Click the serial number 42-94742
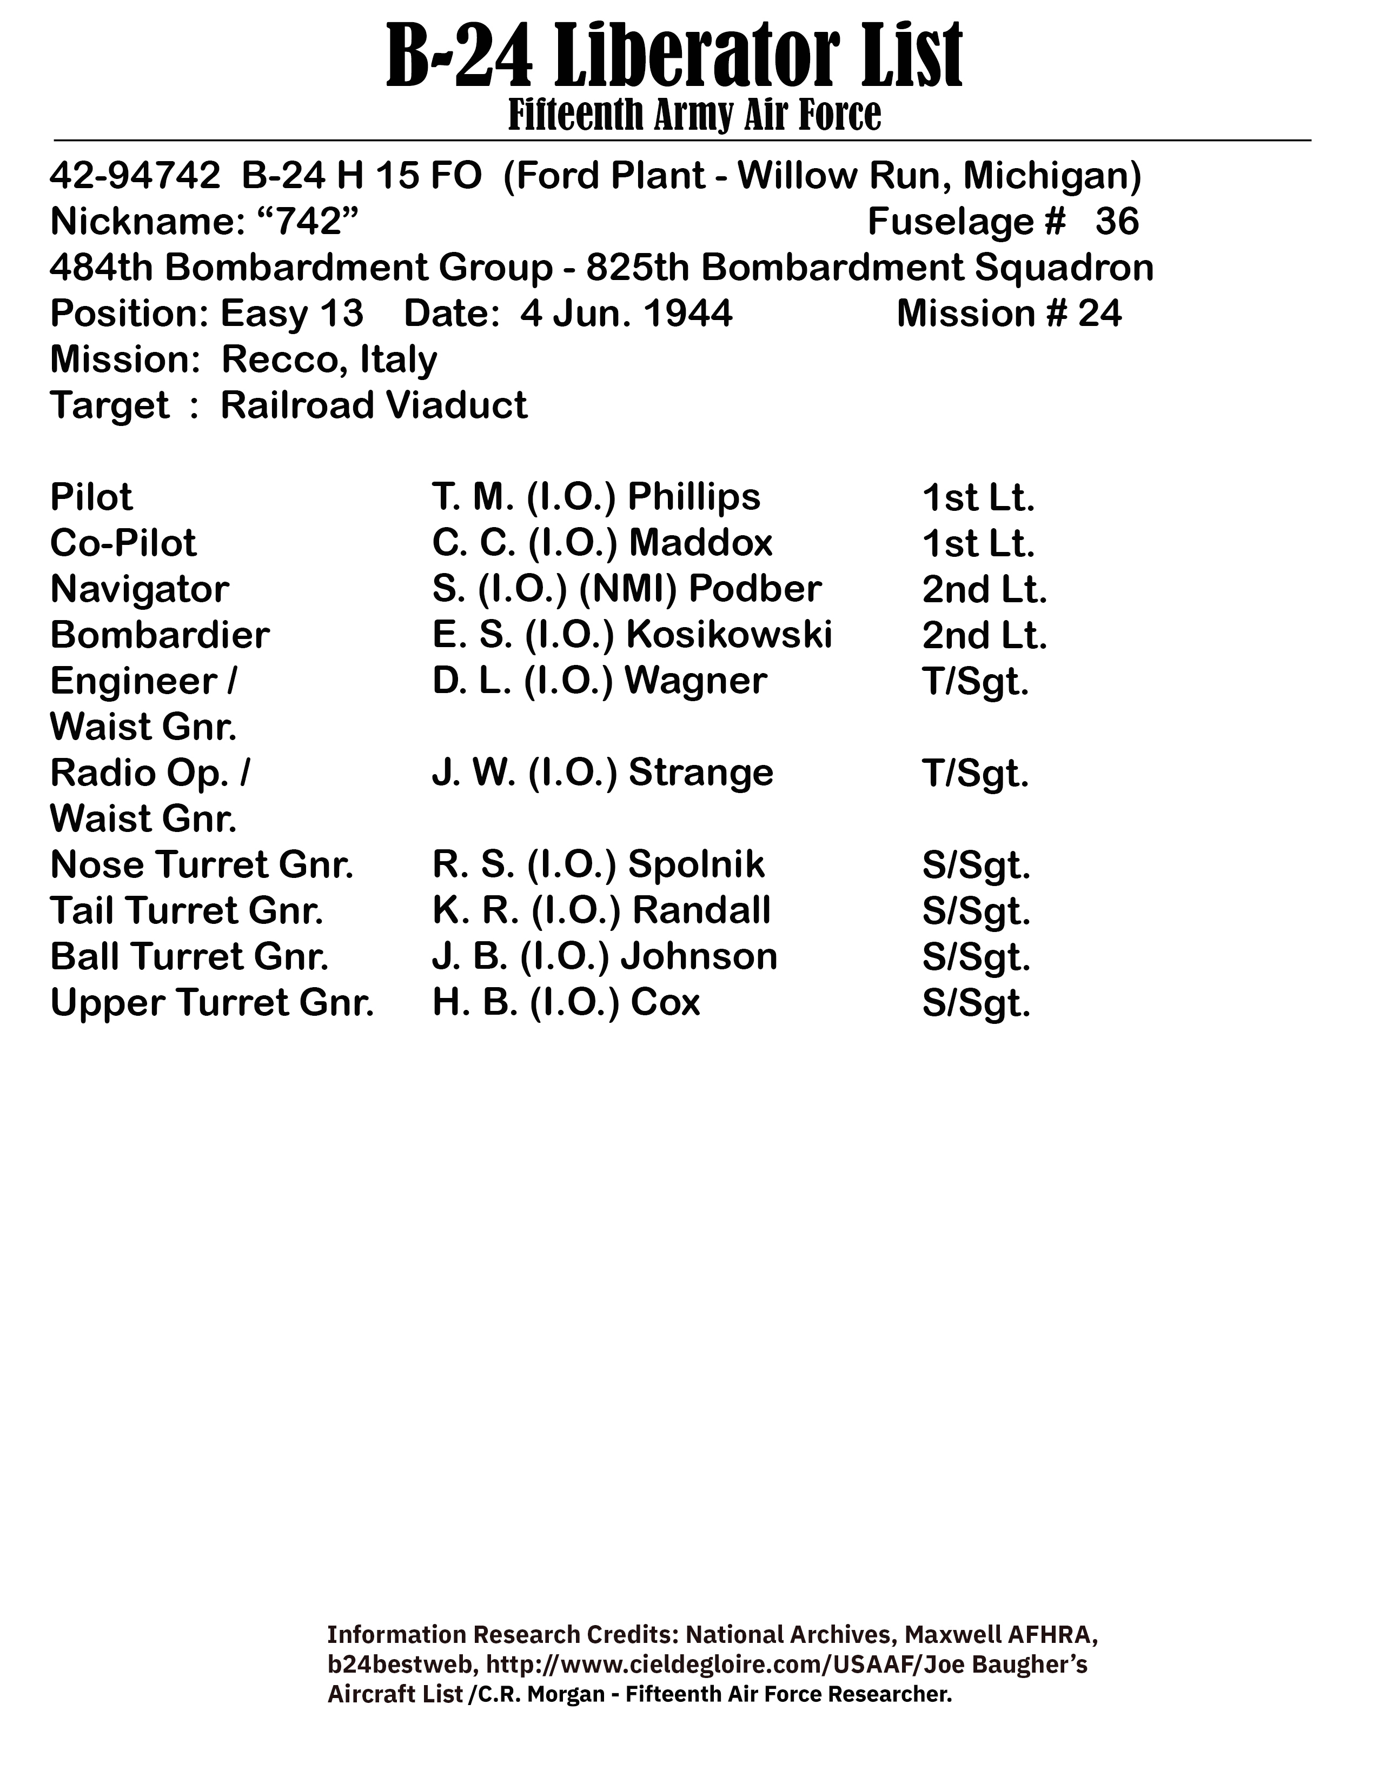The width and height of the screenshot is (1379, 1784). [135, 176]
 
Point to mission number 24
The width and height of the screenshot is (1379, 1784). [1099, 314]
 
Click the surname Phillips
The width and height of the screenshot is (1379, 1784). [694, 497]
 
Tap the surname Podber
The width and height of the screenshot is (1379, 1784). [755, 589]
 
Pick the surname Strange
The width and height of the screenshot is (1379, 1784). [700, 773]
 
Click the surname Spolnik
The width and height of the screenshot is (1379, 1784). [696, 864]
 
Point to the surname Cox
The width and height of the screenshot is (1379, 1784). [665, 1002]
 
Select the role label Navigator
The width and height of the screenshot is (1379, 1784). [140, 589]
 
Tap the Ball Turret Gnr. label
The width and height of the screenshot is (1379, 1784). [189, 956]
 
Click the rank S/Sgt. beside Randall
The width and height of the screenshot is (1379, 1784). [976, 911]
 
